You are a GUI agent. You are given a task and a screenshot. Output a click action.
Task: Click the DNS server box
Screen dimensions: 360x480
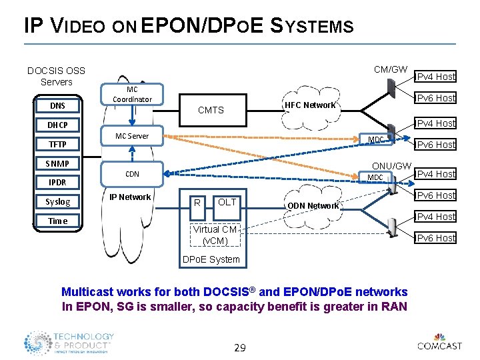pyautogui.click(x=57, y=105)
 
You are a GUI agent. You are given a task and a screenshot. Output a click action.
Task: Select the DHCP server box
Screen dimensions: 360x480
pyautogui.click(x=57, y=125)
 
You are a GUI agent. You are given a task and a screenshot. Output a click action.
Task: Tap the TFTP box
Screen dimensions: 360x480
pyautogui.click(x=57, y=144)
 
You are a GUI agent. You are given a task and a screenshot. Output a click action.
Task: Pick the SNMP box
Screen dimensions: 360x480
pyautogui.click(x=57, y=163)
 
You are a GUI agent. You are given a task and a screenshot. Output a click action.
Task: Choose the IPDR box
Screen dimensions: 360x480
pyautogui.click(x=57, y=182)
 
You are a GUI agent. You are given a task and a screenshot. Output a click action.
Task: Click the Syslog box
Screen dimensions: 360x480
pyautogui.click(x=57, y=201)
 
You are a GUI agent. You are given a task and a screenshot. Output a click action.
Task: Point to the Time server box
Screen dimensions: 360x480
pyautogui.click(x=57, y=221)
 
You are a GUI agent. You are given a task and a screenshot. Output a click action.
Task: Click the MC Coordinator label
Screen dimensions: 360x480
pyautogui.click(x=132, y=94)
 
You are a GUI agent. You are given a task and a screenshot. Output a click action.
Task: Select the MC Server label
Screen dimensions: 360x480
pyautogui.click(x=132, y=136)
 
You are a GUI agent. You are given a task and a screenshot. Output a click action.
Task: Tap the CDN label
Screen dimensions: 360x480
pyautogui.click(x=132, y=174)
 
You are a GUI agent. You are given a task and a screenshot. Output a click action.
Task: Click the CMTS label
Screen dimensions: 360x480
pyautogui.click(x=211, y=110)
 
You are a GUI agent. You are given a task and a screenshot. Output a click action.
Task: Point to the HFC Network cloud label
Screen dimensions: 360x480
pyautogui.click(x=309, y=105)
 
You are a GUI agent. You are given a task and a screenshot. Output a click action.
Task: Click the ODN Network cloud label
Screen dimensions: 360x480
pyautogui.click(x=313, y=205)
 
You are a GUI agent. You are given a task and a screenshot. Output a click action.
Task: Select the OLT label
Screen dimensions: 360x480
pyautogui.click(x=227, y=202)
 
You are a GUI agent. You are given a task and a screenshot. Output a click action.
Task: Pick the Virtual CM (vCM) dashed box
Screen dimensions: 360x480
pyautogui.click(x=215, y=235)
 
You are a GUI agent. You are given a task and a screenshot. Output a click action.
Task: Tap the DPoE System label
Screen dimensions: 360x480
pyautogui.click(x=211, y=259)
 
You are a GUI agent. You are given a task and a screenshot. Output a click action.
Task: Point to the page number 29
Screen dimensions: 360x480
pyautogui.click(x=241, y=348)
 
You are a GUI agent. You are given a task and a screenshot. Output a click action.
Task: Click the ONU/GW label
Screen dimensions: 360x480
pyautogui.click(x=391, y=165)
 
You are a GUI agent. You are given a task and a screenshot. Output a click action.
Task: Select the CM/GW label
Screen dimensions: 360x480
pyautogui.click(x=391, y=69)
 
